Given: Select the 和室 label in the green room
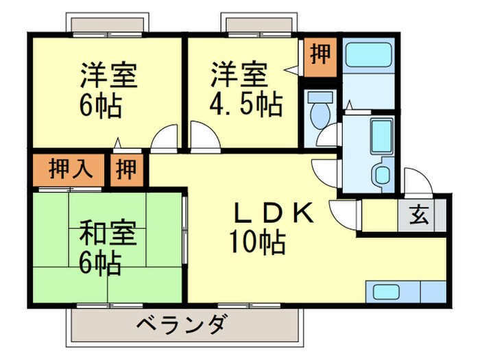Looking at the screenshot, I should coord(109,234).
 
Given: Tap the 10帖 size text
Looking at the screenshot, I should coord(259,243).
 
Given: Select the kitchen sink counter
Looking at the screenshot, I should coord(405,292).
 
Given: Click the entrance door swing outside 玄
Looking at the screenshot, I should coord(417,182).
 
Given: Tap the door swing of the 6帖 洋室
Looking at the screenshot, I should coord(165,140).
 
